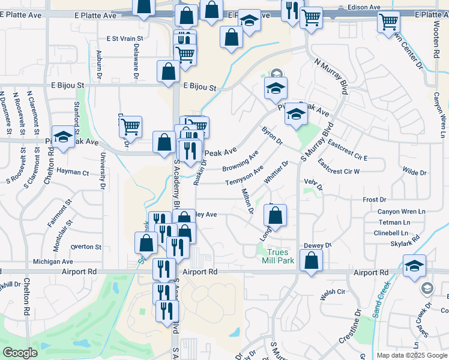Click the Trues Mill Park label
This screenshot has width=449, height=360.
pyautogui.click(x=277, y=256)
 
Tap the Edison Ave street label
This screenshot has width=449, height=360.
pyautogui.click(x=364, y=7)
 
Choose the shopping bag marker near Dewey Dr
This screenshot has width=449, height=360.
pyautogui.click(x=311, y=260)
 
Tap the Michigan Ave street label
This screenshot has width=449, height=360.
pyautogui.click(x=53, y=262)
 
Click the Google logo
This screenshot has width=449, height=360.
pyautogui.click(x=20, y=353)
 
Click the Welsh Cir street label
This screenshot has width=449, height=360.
pyautogui.click(x=333, y=292)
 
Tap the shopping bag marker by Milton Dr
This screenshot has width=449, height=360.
pyautogui.click(x=274, y=215)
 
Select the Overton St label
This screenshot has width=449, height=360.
pyautogui.click(x=86, y=247)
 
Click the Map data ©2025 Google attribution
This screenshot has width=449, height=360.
pyautogui.click(x=412, y=355)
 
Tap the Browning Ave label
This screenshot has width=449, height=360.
pyautogui.click(x=240, y=160)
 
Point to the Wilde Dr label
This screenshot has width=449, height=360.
pyautogui.click(x=414, y=172)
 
